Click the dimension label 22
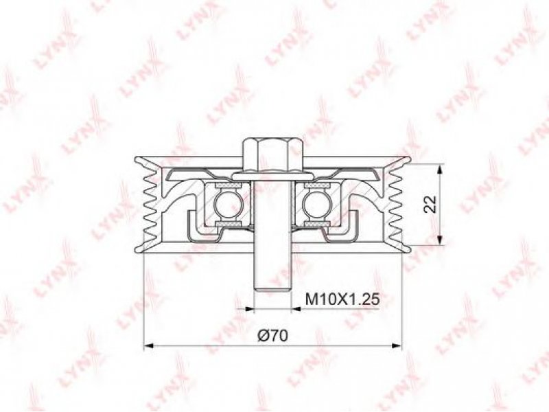coord(430,204)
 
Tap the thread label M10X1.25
coord(342,299)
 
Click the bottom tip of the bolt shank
coord(272,290)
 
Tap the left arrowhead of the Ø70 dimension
coord(149,346)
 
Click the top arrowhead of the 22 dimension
coord(441,169)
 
